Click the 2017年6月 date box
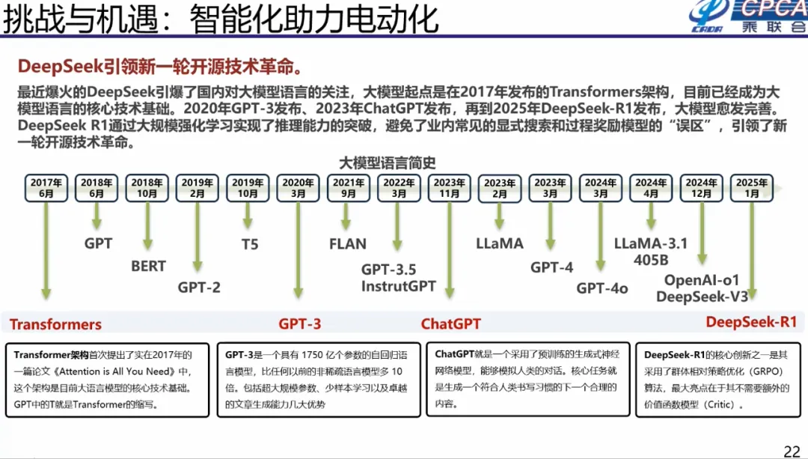coord(46,187)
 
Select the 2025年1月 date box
coord(752,187)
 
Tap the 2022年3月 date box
coord(399,187)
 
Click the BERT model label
coord(148,266)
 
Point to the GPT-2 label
coord(199,287)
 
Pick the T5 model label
coord(249,244)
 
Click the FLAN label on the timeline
coord(348,244)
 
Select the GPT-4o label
coord(602,288)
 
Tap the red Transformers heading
coord(55,324)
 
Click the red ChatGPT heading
coord(450,324)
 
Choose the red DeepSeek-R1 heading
coord(751,322)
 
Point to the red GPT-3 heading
coord(300,324)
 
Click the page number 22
coord(792,451)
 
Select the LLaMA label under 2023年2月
coord(500,244)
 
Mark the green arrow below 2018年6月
coord(97,216)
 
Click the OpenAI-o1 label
coord(702,280)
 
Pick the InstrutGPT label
coord(398,286)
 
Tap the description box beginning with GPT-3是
coord(319,380)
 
